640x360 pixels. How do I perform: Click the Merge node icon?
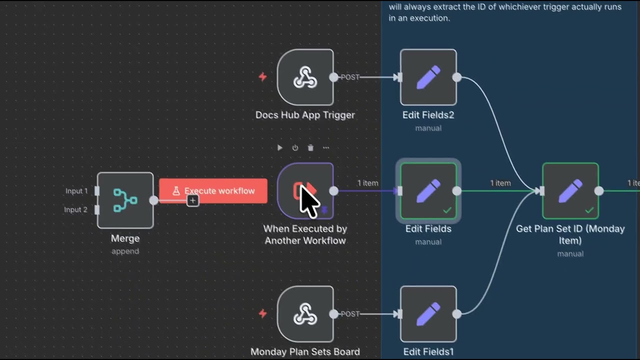point(125,200)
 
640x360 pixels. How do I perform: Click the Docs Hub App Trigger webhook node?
point(305,77)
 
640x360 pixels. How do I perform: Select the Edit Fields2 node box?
point(428,77)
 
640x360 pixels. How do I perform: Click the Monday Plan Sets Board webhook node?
point(305,314)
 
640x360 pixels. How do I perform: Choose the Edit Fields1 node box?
point(428,314)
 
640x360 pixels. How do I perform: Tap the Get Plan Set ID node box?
point(570,191)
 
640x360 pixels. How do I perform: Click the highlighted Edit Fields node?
point(428,191)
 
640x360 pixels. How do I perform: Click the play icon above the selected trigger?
point(280,147)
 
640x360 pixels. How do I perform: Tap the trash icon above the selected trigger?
point(310,147)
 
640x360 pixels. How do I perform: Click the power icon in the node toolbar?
point(295,147)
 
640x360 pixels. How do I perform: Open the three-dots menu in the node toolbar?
point(326,147)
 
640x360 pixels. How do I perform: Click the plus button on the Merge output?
point(192,200)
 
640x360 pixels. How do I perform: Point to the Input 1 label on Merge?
point(76,191)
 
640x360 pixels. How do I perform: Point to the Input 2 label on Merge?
point(76,209)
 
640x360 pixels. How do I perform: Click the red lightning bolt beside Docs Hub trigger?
point(262,77)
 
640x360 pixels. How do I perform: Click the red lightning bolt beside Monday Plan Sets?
point(262,313)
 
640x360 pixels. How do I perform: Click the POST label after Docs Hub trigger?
point(350,77)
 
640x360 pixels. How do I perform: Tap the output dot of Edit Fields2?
point(456,77)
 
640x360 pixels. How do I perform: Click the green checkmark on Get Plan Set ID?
point(589,210)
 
